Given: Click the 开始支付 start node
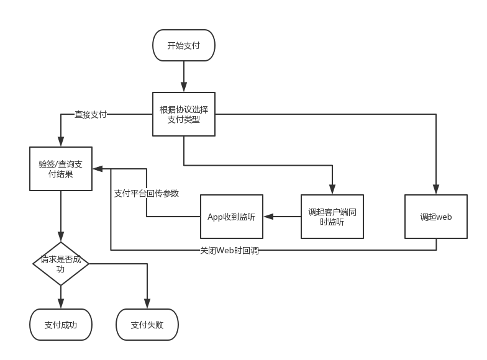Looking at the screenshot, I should click(184, 46).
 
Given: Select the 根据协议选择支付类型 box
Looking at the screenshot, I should click(184, 114).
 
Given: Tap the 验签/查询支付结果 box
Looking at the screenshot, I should click(61, 169).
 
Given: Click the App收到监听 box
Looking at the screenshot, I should click(231, 217).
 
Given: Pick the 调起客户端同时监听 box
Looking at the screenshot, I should click(332, 217).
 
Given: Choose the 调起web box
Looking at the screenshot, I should click(435, 217).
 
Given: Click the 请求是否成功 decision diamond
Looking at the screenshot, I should click(61, 264).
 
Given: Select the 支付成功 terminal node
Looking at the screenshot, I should click(61, 325).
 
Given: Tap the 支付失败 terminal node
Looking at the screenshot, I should click(147, 325).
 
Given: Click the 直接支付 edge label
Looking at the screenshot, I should click(91, 115).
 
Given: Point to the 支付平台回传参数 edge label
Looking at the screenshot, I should click(147, 193).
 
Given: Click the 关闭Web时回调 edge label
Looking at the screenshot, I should click(229, 251).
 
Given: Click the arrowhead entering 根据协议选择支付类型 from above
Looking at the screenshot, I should click(184, 88).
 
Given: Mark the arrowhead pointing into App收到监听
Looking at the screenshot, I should click(267, 217).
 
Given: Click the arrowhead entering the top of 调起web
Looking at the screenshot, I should click(435, 191).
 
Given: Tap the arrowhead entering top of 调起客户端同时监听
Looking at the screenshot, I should click(332, 191).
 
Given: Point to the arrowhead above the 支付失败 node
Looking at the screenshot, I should click(147, 305).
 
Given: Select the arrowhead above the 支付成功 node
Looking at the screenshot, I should click(61, 305).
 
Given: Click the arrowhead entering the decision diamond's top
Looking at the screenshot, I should click(61, 238).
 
